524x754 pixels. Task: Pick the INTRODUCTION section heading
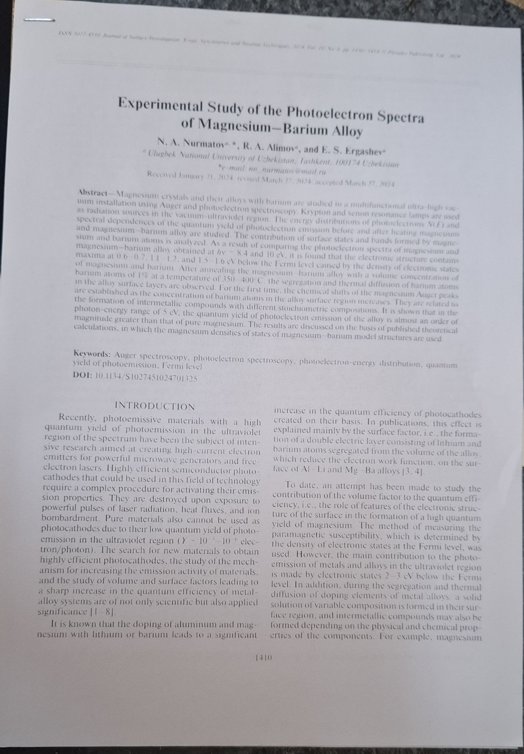(x=155, y=407)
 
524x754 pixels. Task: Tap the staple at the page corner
(x=39, y=20)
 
